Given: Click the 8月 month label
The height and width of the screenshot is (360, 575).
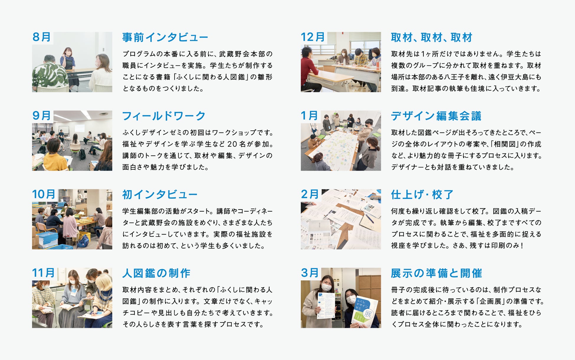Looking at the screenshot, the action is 42,37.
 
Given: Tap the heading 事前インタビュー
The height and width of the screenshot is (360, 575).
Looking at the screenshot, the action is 165,37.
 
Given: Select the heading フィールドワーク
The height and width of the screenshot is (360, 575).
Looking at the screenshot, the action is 164,116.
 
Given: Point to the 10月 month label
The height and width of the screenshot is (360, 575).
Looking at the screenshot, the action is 44,194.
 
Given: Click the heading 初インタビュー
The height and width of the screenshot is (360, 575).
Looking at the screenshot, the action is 160,195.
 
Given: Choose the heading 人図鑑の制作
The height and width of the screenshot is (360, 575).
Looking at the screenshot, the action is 156,273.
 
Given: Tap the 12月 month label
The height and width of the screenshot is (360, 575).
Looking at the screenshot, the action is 313,37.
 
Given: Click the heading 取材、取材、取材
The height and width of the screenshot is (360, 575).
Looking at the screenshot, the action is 432,37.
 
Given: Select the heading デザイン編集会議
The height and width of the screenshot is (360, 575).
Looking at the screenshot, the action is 436,116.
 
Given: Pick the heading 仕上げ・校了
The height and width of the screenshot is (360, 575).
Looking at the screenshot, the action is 422,195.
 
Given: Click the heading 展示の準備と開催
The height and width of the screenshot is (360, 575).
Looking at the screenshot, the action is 436,273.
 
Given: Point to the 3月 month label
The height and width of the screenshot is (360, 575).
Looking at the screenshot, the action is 310,273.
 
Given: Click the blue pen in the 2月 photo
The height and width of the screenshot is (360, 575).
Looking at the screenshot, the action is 369,219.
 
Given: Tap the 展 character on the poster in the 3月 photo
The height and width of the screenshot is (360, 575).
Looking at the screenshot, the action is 367,313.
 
